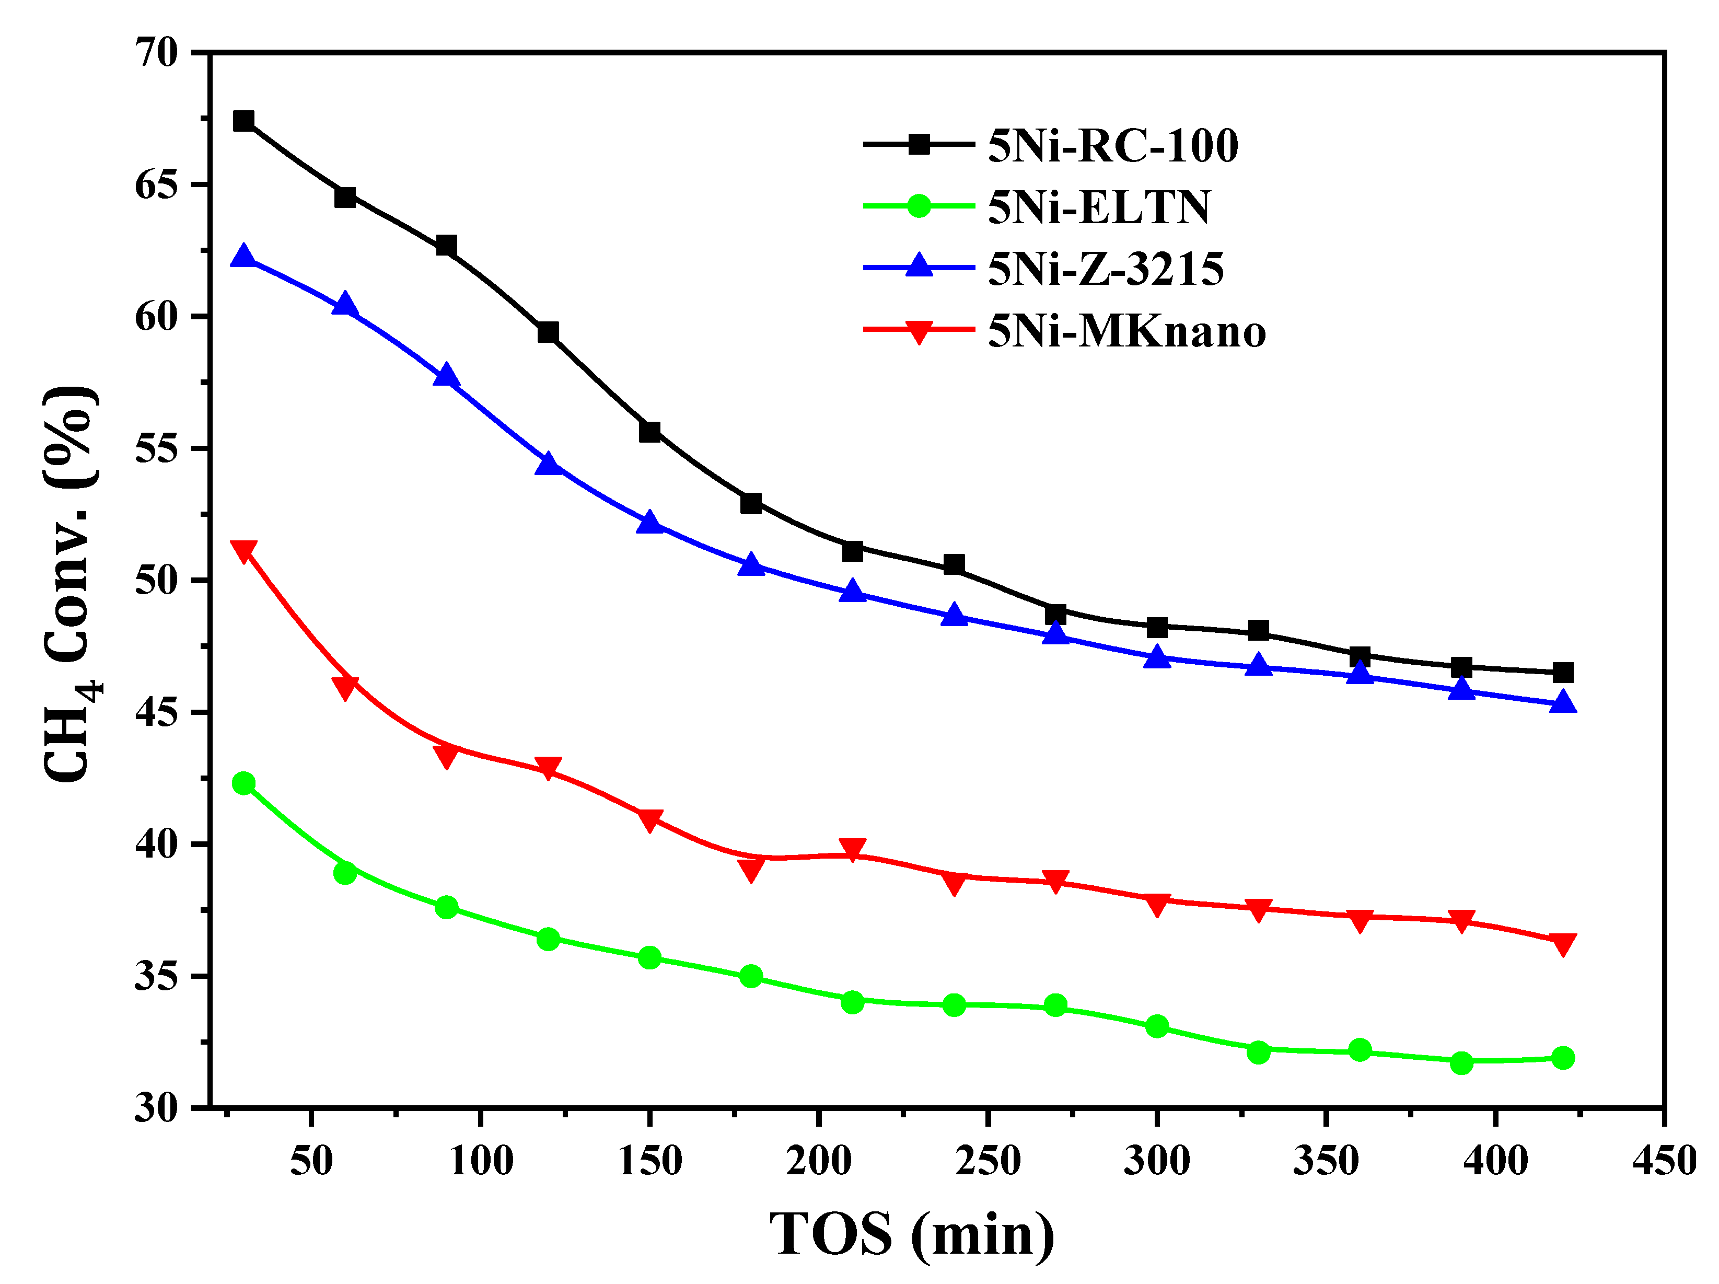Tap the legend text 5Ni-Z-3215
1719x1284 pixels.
[1105, 269]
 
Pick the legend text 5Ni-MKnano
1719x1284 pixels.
[1126, 331]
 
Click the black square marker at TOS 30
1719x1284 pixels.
[243, 121]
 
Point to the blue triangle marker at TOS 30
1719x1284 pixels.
[243, 257]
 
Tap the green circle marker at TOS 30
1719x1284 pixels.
[243, 783]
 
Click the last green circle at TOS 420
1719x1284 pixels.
[1562, 1058]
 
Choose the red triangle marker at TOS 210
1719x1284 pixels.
[853, 850]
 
